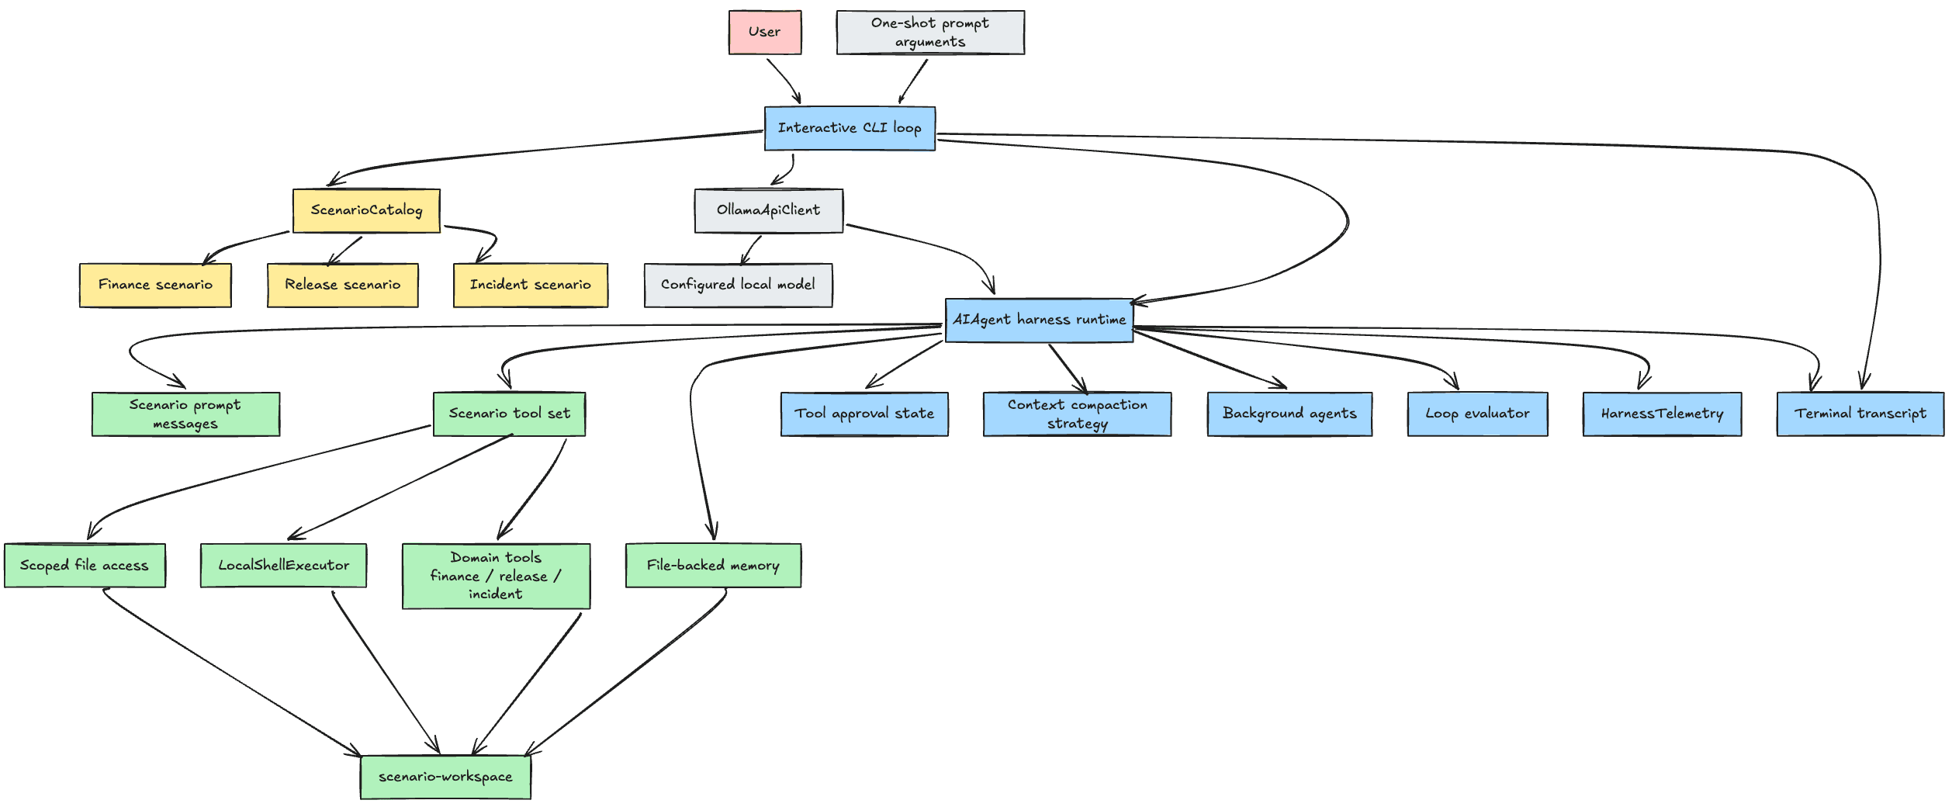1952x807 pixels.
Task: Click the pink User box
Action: click(765, 33)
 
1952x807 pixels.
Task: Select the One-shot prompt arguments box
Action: click(930, 33)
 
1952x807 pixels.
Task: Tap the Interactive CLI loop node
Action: click(850, 129)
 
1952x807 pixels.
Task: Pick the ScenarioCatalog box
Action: click(366, 210)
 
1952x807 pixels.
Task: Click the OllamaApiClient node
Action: click(768, 210)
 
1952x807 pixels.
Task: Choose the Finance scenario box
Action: click(155, 285)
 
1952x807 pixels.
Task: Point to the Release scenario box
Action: click(343, 285)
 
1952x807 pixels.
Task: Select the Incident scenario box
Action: click(531, 285)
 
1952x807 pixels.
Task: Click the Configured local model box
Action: click(738, 285)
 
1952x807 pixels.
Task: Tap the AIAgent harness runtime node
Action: click(1039, 320)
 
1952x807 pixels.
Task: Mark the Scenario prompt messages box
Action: click(185, 414)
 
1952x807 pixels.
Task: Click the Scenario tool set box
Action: click(509, 414)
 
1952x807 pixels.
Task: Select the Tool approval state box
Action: click(864, 414)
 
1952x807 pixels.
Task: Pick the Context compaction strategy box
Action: click(1077, 414)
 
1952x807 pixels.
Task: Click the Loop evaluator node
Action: click(1477, 414)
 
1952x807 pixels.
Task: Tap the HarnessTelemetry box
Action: click(1662, 414)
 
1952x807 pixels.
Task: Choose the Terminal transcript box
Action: click(1860, 414)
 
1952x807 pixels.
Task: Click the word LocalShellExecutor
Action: click(283, 566)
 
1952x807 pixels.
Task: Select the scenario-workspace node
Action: click(445, 777)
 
